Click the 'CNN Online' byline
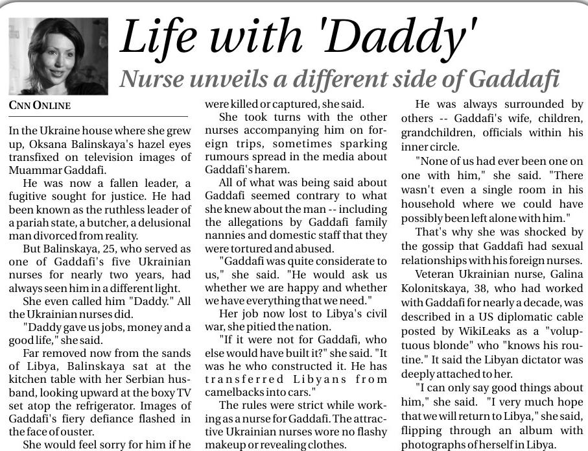[x=40, y=106]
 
